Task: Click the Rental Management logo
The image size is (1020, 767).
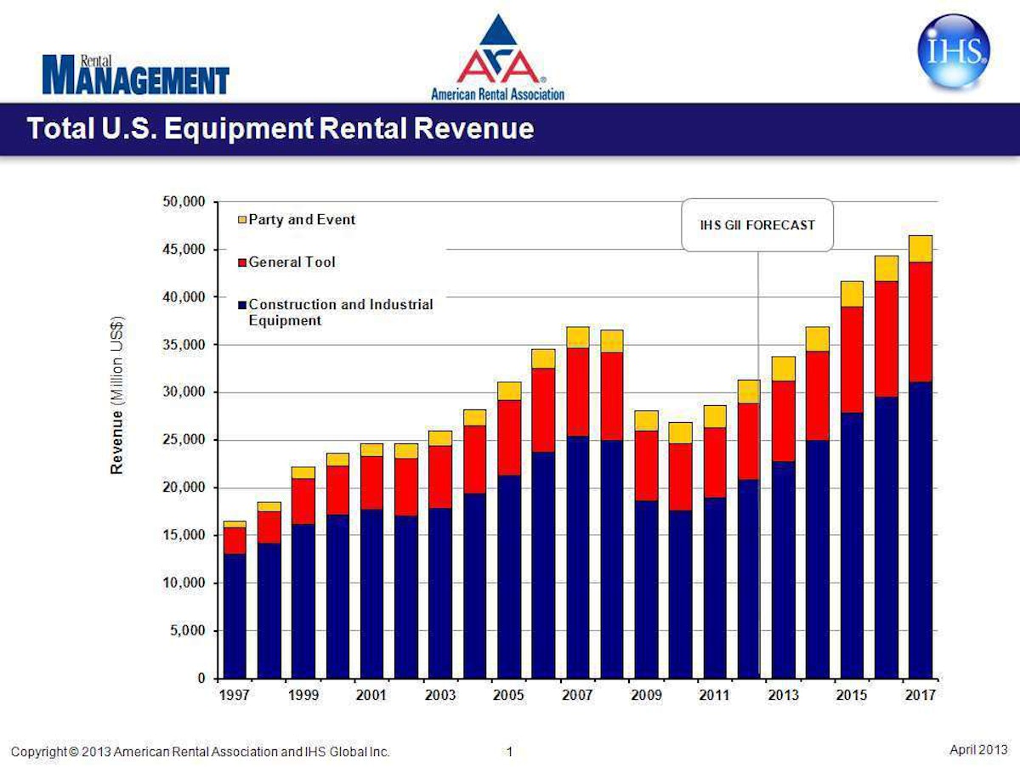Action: (x=136, y=75)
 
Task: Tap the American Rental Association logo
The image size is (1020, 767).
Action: (x=497, y=58)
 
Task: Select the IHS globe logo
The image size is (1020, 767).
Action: (x=954, y=52)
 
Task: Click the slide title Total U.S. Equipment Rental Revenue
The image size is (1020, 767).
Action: (x=280, y=129)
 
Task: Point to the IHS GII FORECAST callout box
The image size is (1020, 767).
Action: (x=757, y=225)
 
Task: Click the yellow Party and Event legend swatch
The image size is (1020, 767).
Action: (x=241, y=220)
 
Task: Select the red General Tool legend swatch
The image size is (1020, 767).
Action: (x=241, y=262)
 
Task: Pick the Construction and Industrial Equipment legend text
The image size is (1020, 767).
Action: (x=340, y=313)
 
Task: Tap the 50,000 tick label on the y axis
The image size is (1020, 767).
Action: (x=184, y=202)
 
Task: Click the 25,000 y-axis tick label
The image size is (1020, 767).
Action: (x=184, y=440)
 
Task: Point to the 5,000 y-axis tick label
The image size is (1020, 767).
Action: (x=187, y=631)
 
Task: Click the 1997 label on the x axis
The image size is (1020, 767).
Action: (x=235, y=695)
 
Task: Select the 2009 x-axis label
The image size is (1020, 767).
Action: (x=646, y=695)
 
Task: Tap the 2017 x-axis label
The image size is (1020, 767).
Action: (x=921, y=695)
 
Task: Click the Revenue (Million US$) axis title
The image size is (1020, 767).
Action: (x=118, y=395)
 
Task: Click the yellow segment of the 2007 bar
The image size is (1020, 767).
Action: (x=578, y=337)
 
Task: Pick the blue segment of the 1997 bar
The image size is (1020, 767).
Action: (x=235, y=616)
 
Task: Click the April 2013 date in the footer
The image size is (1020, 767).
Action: (x=977, y=749)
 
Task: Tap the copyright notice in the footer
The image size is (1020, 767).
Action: (x=201, y=752)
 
